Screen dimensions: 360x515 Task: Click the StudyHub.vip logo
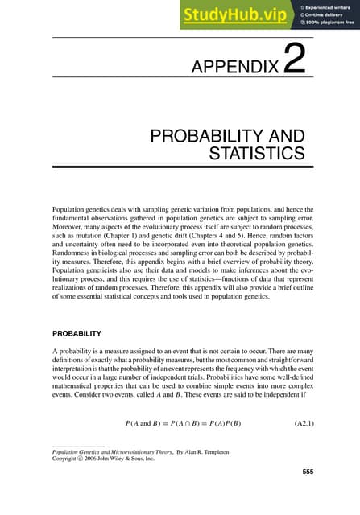(226, 15)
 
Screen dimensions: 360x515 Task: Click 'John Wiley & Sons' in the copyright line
(122, 462)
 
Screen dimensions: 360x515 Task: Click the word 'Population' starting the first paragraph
(69, 209)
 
